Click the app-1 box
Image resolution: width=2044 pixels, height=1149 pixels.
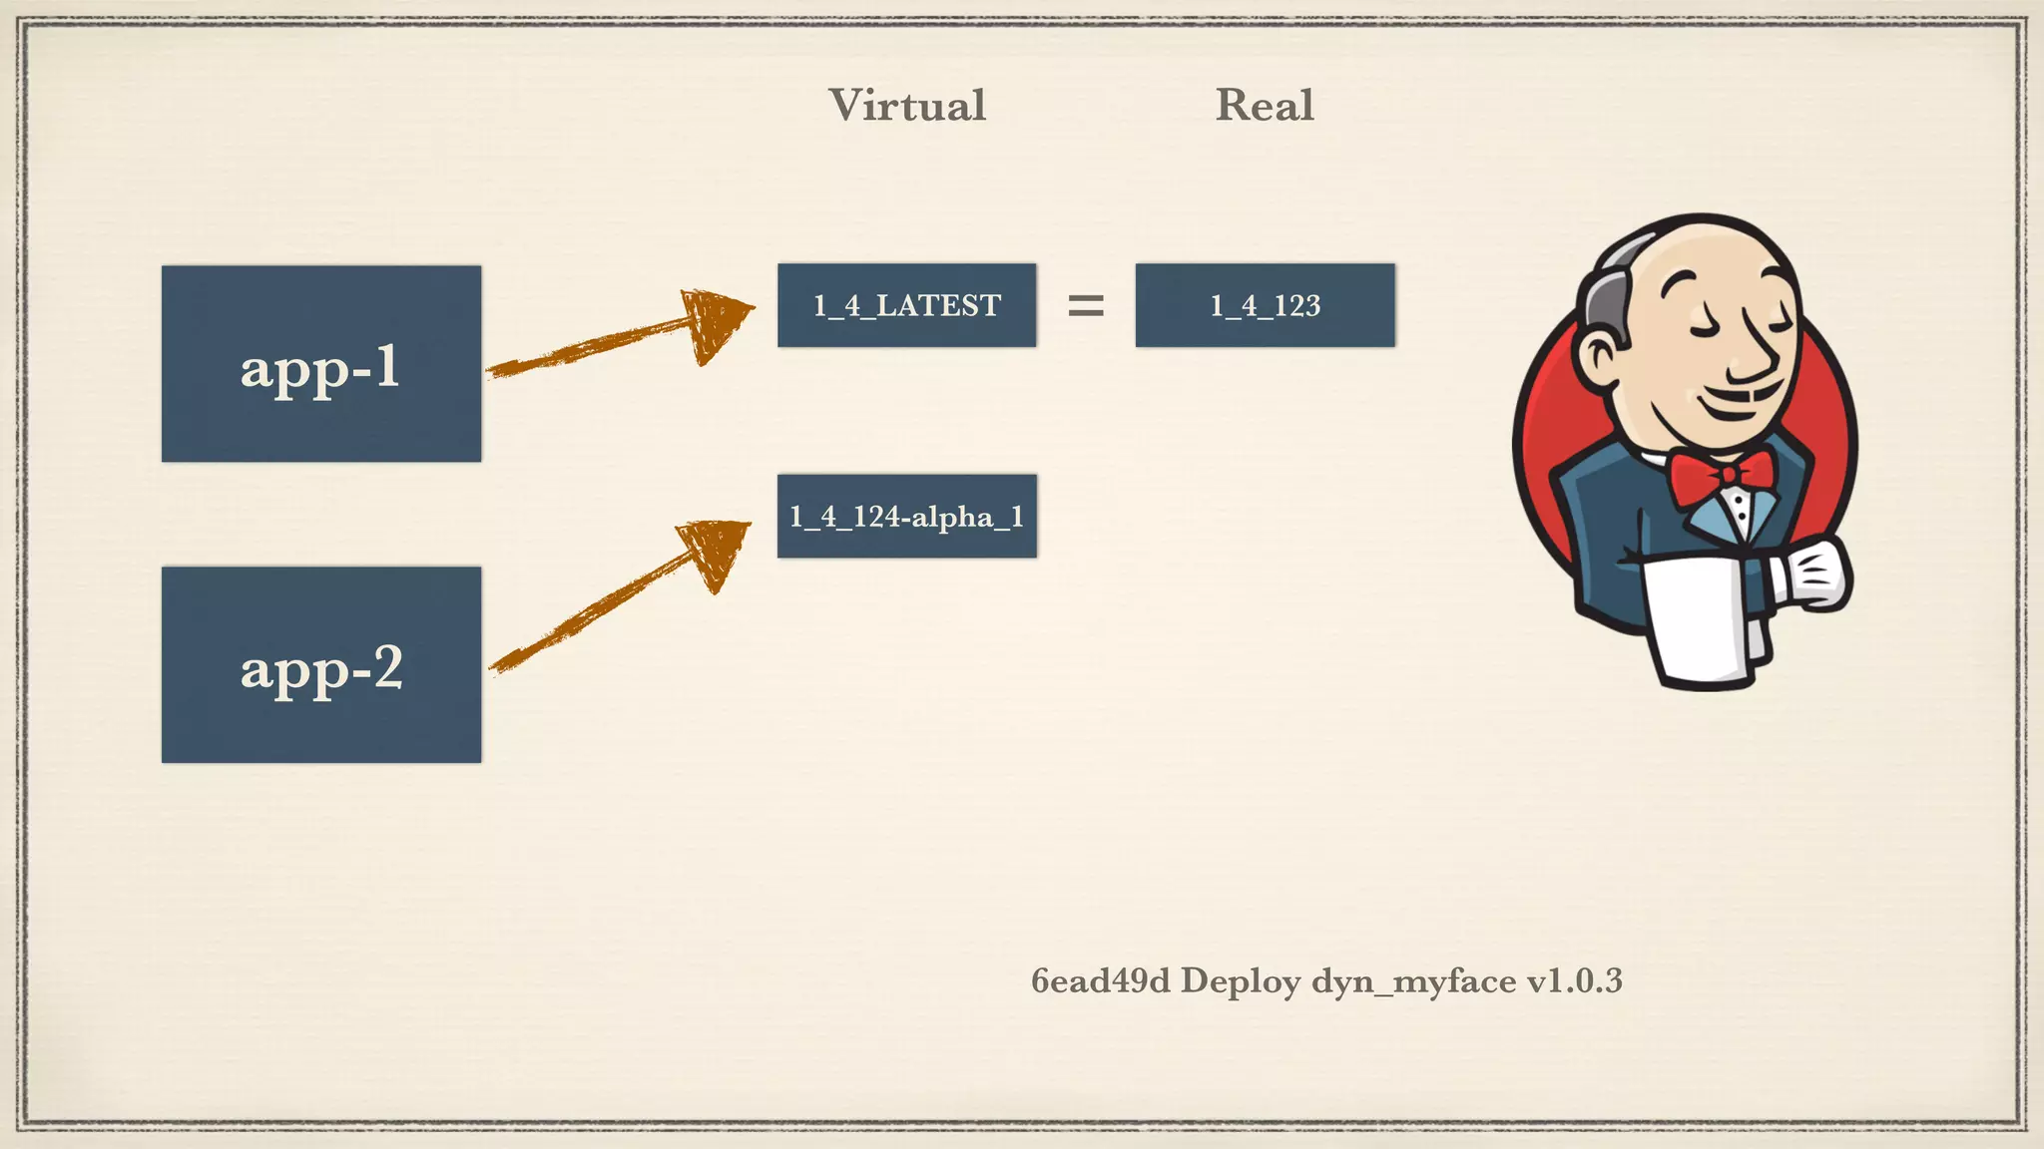coord(320,363)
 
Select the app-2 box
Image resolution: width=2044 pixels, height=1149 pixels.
coord(320,664)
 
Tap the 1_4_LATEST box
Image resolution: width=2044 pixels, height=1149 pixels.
coord(906,305)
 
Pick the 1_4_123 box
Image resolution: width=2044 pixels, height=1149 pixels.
coord(1265,305)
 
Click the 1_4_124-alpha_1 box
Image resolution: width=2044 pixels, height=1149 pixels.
coord(906,516)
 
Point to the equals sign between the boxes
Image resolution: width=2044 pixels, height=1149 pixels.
coord(1086,305)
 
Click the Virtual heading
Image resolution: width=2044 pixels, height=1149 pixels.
coord(906,106)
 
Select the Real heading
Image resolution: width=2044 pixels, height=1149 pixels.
coord(1264,106)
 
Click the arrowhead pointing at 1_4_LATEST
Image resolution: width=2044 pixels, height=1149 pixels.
coord(717,321)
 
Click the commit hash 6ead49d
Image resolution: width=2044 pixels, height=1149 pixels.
coord(1100,981)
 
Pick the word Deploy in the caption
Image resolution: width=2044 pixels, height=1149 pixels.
coord(1241,981)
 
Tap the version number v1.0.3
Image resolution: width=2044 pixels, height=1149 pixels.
coord(1574,981)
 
